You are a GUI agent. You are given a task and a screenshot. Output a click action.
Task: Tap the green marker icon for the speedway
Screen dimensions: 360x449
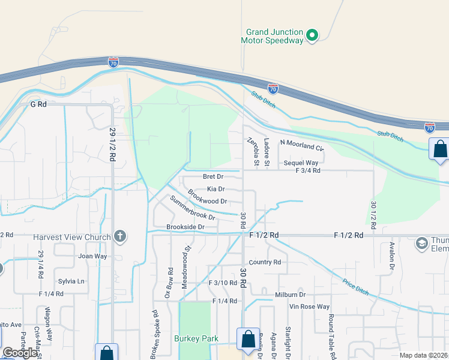[312, 36]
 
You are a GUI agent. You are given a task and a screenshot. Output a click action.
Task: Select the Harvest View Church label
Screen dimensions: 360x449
[72, 237]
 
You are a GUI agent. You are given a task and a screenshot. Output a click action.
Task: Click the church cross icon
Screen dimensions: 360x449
[120, 236]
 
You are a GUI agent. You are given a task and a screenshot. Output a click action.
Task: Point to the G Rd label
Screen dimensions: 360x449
[38, 104]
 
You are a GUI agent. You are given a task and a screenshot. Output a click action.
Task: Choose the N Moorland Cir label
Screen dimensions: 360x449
[302, 146]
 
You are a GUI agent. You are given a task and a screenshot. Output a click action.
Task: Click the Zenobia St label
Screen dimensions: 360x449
[253, 151]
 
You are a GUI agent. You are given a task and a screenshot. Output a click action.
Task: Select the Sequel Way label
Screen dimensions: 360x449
[301, 163]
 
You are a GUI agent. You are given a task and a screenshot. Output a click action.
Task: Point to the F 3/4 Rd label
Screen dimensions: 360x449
[308, 170]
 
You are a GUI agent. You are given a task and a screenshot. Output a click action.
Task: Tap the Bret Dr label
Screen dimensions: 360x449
[213, 177]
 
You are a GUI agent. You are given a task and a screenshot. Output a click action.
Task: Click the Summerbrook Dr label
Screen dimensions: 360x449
[191, 208]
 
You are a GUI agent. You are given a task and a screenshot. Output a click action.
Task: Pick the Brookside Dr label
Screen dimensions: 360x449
[185, 227]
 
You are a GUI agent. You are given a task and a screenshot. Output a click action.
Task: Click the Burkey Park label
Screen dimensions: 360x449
[196, 339]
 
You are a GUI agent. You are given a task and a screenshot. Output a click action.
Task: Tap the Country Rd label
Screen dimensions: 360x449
[265, 262]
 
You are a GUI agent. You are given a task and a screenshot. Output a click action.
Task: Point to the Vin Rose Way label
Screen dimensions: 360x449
[310, 307]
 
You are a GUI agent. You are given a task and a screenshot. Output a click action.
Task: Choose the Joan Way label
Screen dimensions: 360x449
[92, 256]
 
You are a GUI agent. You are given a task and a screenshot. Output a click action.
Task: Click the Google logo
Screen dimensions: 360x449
[20, 353]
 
